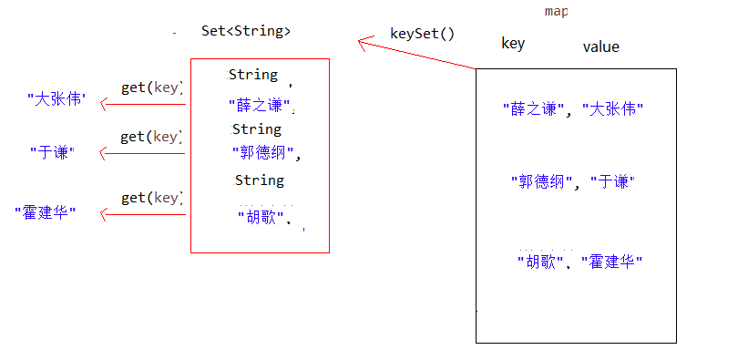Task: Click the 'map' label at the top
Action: click(x=556, y=11)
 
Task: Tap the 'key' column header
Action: click(x=513, y=44)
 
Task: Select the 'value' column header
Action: click(x=600, y=46)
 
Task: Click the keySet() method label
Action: click(x=421, y=34)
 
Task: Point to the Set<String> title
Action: click(x=246, y=31)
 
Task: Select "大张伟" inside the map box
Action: click(x=612, y=109)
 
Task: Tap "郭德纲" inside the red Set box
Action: click(x=263, y=152)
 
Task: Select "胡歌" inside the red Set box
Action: click(x=263, y=217)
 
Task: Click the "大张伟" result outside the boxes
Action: click(x=56, y=98)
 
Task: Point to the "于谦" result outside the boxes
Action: click(x=52, y=152)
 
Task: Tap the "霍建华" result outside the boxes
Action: click(x=46, y=212)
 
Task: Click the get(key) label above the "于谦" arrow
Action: click(x=152, y=137)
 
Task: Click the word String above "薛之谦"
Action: click(x=253, y=75)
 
